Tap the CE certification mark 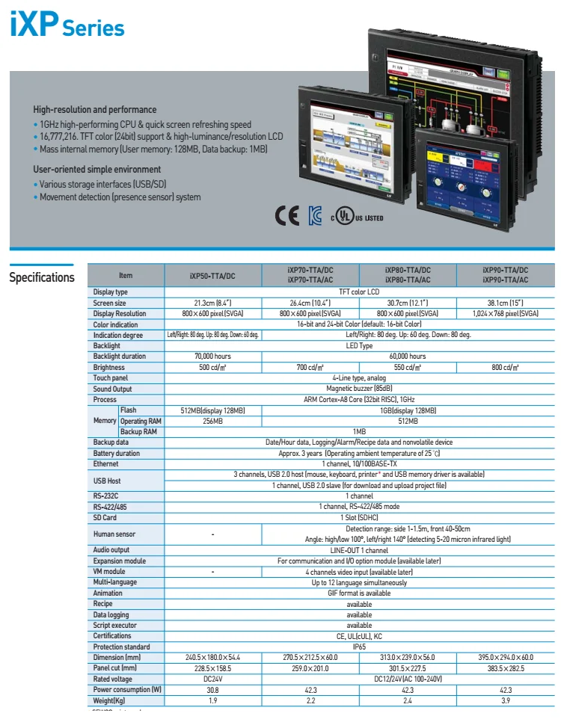click(287, 216)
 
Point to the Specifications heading click(42, 278)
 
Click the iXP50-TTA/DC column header click(212, 275)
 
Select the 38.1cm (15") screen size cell click(505, 303)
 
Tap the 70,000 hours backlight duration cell click(212, 357)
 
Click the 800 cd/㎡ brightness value click(505, 368)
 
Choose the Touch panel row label click(111, 378)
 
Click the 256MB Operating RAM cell click(212, 421)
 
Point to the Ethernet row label click(106, 464)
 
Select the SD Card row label click(105, 517)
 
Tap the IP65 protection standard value click(359, 647)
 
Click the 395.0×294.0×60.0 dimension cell click(505, 657)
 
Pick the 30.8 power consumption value click(212, 690)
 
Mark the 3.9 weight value click(505, 700)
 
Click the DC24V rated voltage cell click(212, 679)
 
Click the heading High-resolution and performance click(95, 109)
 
